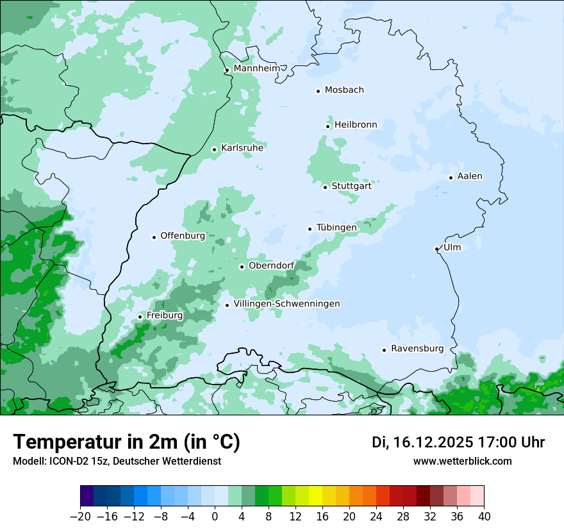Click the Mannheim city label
click(x=256, y=69)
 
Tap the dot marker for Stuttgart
click(x=325, y=187)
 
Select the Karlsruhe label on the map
click(x=242, y=148)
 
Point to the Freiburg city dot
click(x=140, y=317)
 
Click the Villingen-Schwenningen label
click(x=286, y=304)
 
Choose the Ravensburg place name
click(x=417, y=349)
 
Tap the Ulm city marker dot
click(x=436, y=249)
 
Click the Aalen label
click(x=469, y=176)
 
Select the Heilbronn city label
click(x=356, y=125)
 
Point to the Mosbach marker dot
click(x=318, y=91)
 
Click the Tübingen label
click(x=336, y=228)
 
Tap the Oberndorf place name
click(x=271, y=265)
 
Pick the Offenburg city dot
click(x=154, y=237)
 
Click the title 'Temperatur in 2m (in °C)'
click(x=126, y=442)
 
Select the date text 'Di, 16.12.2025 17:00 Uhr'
click(x=458, y=443)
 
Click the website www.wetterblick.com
click(x=462, y=461)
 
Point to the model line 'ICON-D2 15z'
click(x=117, y=461)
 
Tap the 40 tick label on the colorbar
click(x=484, y=517)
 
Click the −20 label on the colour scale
click(x=80, y=517)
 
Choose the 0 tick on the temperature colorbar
click(x=215, y=517)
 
